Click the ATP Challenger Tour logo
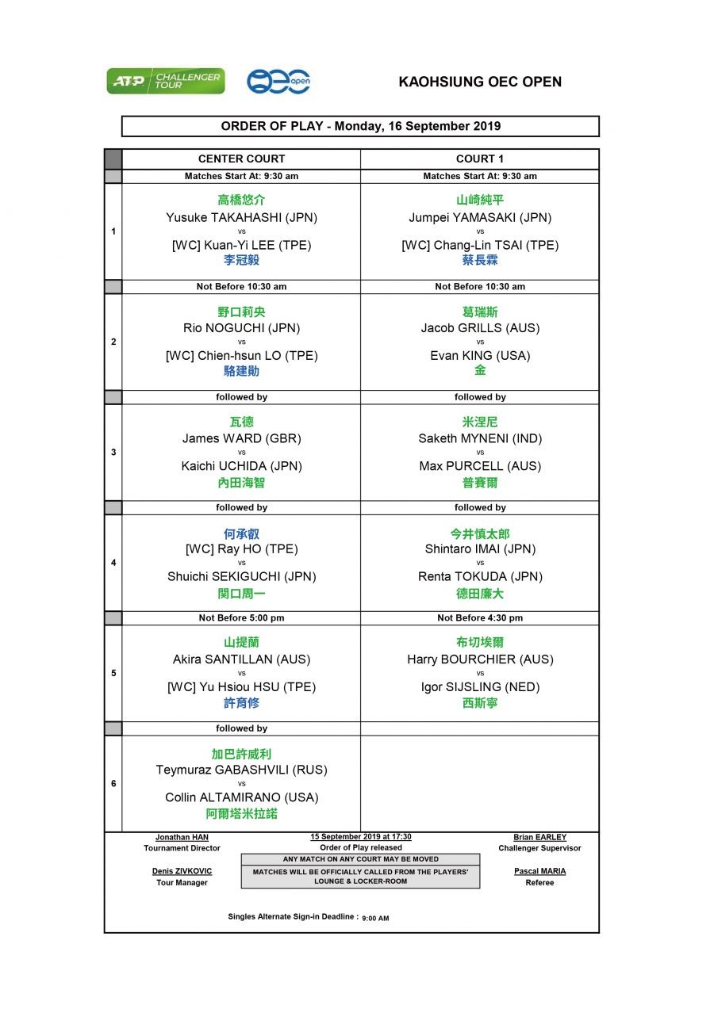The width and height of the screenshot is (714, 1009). (166, 81)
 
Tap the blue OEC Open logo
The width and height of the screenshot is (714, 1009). (278, 81)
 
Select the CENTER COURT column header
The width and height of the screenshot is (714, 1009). (241, 159)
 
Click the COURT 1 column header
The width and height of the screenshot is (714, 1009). (479, 159)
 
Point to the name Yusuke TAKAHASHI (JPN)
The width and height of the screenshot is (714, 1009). (241, 217)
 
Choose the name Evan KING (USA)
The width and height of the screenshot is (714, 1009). (479, 356)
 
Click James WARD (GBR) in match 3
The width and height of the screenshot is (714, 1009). (241, 438)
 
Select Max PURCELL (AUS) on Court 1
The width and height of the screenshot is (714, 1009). (479, 466)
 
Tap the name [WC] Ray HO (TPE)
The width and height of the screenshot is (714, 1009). (241, 548)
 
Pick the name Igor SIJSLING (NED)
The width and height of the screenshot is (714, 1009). (479, 687)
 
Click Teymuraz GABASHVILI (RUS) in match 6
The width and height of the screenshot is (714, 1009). (241, 770)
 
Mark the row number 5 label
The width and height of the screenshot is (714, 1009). (113, 673)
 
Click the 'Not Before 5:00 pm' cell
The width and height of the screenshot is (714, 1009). (241, 618)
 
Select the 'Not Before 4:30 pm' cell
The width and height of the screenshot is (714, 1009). (479, 618)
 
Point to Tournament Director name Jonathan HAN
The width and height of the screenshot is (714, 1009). (182, 837)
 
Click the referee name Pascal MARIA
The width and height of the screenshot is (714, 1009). (539, 871)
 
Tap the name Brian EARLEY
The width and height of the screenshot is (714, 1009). (539, 837)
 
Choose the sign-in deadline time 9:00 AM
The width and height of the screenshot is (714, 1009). (375, 919)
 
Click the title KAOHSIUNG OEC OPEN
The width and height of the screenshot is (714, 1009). (479, 82)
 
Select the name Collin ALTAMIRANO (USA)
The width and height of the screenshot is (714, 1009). (241, 797)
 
